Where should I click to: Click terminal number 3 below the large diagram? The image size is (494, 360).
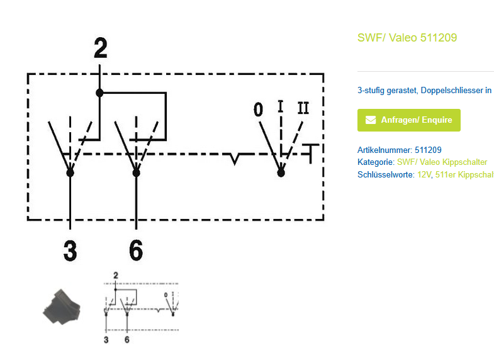pyautogui.click(x=70, y=250)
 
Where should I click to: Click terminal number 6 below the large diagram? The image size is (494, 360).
pyautogui.click(x=136, y=250)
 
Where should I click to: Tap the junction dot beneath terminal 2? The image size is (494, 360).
pyautogui.click(x=99, y=93)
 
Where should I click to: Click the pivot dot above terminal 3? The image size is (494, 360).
pyautogui.click(x=70, y=171)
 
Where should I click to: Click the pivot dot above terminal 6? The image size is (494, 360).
pyautogui.click(x=136, y=171)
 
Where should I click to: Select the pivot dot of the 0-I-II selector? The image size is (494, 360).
pyautogui.click(x=281, y=171)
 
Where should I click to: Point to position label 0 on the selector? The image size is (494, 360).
pyautogui.click(x=258, y=110)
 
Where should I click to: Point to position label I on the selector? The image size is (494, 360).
pyautogui.click(x=281, y=106)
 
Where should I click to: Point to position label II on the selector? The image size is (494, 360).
pyautogui.click(x=303, y=108)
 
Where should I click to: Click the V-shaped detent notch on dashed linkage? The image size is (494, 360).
pyautogui.click(x=235, y=158)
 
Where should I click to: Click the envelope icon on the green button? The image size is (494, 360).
pyautogui.click(x=371, y=120)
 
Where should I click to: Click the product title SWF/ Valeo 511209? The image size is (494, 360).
pyautogui.click(x=407, y=38)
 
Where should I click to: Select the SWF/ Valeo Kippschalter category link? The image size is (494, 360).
pyautogui.click(x=442, y=162)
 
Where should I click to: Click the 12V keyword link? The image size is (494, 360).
pyautogui.click(x=424, y=174)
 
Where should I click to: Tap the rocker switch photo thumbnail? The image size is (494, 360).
pyautogui.click(x=61, y=308)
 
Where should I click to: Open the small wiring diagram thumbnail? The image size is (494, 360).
pyautogui.click(x=142, y=308)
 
